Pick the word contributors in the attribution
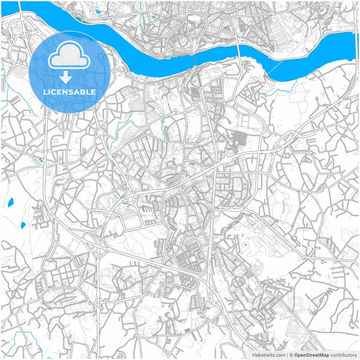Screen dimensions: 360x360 coord(344,355)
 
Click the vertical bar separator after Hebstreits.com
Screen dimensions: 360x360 coord(286,355)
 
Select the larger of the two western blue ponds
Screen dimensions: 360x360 coord(23,224)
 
